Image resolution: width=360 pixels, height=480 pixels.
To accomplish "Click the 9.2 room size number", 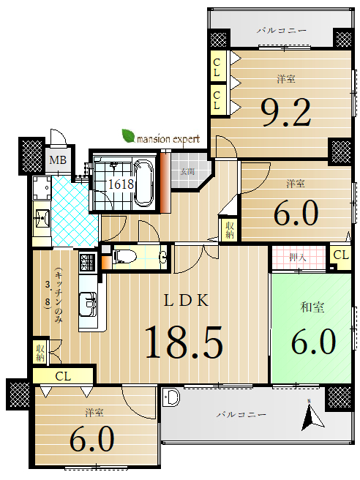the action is (x=285, y=113).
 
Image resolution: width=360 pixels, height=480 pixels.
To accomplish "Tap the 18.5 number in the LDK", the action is (x=184, y=342).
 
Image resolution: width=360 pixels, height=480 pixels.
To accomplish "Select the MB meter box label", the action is (x=58, y=160).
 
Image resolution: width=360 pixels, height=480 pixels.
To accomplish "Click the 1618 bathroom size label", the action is (x=121, y=184).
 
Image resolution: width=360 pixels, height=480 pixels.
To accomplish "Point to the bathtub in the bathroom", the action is (x=143, y=182).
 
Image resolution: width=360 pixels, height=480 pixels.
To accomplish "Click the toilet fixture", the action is (x=124, y=256).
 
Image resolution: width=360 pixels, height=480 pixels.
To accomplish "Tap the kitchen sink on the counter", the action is (x=88, y=304).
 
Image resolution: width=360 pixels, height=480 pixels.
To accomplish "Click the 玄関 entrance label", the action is (x=187, y=172).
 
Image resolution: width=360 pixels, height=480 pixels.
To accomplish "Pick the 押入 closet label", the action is (x=298, y=257).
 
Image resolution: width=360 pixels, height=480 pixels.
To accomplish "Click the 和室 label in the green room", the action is (x=312, y=307).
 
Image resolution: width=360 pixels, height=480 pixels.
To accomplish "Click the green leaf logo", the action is (x=129, y=136).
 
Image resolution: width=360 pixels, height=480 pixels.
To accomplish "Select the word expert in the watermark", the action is (x=184, y=140).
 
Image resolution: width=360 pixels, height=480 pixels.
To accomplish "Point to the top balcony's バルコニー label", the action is (x=281, y=31).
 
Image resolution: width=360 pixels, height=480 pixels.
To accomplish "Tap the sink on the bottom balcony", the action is (x=170, y=397).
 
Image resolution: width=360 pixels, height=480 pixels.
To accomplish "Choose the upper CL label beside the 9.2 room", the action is (x=217, y=67).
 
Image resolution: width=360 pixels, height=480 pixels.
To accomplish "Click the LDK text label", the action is (x=187, y=300).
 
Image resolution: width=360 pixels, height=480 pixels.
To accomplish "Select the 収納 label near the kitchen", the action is (x=40, y=353).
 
